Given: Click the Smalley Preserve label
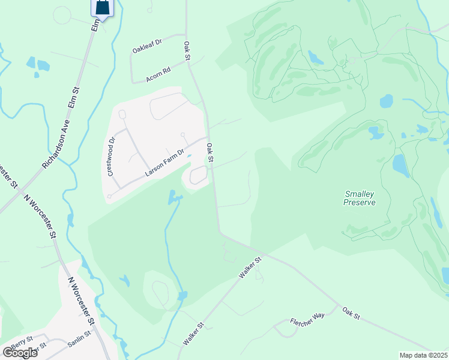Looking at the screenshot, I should click(x=360, y=198).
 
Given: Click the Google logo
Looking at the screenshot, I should click(x=19, y=353).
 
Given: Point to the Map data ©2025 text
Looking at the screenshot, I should click(x=424, y=355).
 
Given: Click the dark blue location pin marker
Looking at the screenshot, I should click(x=103, y=8).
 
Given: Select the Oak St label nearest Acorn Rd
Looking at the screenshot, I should click(x=187, y=50).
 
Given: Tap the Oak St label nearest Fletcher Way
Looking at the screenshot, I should click(x=351, y=313).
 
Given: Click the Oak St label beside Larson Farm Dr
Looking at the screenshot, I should click(x=210, y=152).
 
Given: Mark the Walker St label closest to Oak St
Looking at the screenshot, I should click(x=250, y=267).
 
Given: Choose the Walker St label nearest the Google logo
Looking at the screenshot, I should click(x=193, y=334).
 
